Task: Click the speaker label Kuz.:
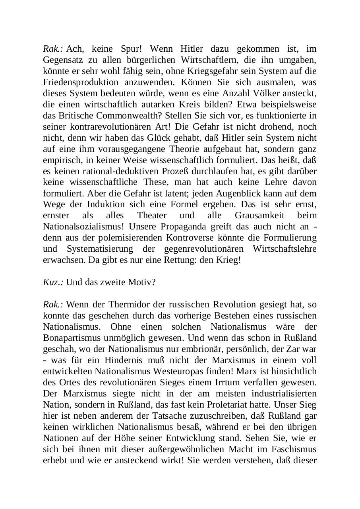53,282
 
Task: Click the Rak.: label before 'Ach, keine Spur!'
53,49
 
